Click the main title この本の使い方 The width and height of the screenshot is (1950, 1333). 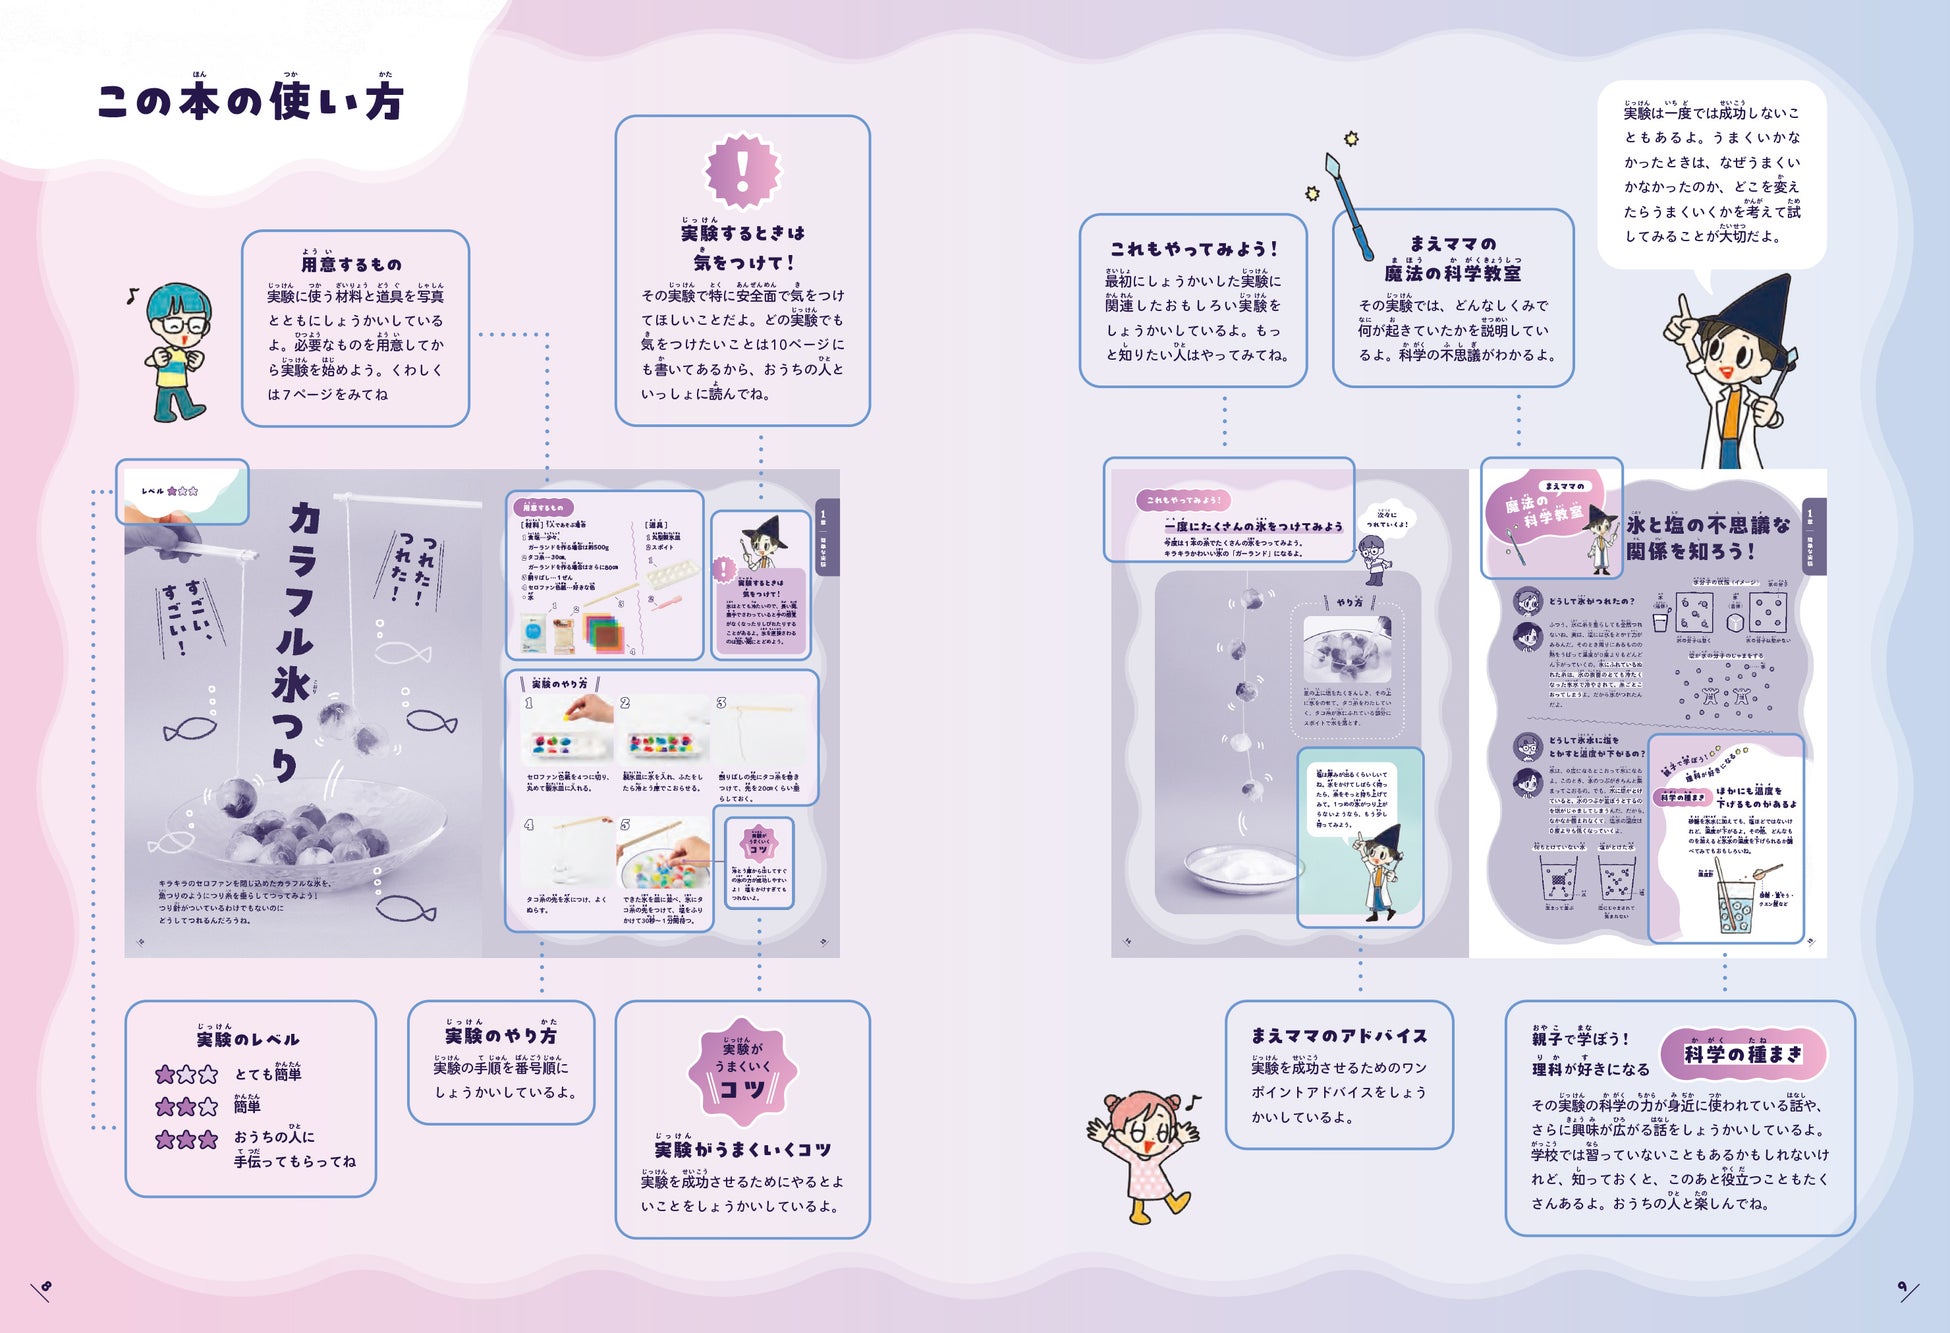[x=250, y=101]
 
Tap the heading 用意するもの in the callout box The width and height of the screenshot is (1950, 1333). [x=351, y=264]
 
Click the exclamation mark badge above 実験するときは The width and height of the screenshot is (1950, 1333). [x=742, y=170]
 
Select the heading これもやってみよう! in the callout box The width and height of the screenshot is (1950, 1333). [x=1193, y=249]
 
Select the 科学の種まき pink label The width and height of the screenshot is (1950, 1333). [x=1743, y=1054]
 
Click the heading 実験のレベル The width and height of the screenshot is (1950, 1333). [x=248, y=1039]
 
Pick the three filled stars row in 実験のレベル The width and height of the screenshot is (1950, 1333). [x=186, y=1139]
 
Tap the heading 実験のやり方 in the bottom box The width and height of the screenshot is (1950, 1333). [x=500, y=1036]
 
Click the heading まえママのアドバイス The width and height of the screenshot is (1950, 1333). [x=1339, y=1036]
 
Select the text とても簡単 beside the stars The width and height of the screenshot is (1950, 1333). [x=268, y=1074]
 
